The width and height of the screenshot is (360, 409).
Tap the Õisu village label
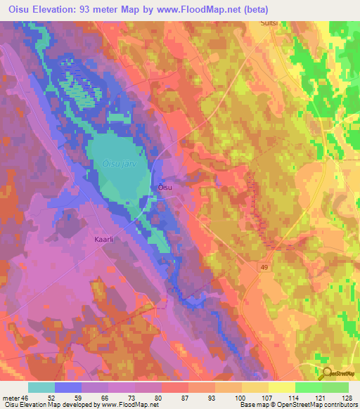click(x=164, y=188)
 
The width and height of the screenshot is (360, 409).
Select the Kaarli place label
click(x=103, y=240)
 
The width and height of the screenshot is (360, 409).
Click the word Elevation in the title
click(x=61, y=8)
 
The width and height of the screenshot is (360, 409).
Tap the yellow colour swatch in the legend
click(x=281, y=387)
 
